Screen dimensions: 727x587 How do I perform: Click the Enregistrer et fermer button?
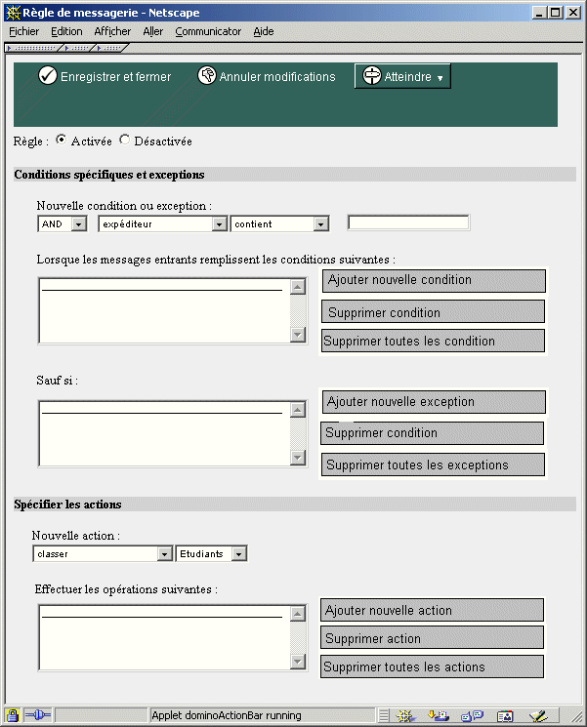105,77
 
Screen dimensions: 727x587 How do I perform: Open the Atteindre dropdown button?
402,77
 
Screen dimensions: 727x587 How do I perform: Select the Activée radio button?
62,141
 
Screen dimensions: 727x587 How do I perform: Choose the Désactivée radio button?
124,141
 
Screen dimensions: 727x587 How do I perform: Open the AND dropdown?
63,224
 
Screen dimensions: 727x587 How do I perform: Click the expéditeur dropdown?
162,224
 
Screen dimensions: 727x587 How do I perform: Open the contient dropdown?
279,224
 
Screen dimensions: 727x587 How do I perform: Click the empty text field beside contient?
408,223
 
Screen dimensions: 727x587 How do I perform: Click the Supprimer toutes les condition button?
433,342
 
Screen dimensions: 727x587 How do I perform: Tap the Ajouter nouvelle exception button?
434,402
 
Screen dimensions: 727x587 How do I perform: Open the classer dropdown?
103,554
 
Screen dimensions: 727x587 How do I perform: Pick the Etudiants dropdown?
211,554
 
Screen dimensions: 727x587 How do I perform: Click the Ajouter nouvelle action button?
432,611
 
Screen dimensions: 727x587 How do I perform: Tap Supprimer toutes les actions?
432,667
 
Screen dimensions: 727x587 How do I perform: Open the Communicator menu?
208,31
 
